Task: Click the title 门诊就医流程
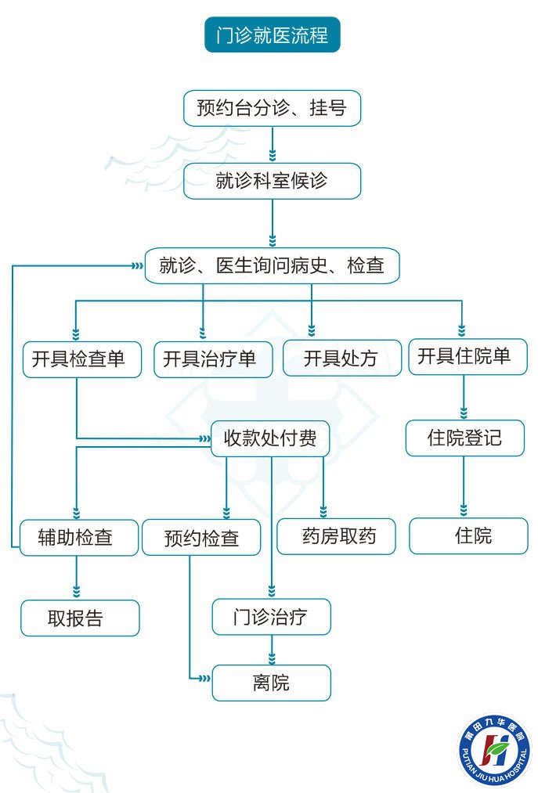pyautogui.click(x=272, y=35)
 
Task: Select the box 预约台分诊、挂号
pyautogui.click(x=272, y=108)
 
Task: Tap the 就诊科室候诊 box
pyautogui.click(x=272, y=181)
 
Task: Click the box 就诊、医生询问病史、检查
pyautogui.click(x=272, y=265)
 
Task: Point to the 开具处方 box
pyautogui.click(x=341, y=359)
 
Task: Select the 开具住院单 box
pyautogui.click(x=468, y=357)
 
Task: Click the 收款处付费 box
pyautogui.click(x=270, y=438)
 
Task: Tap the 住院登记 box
pyautogui.click(x=464, y=438)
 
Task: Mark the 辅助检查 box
pyautogui.click(x=77, y=538)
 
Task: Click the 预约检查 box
pyautogui.click(x=201, y=538)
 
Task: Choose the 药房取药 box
pyautogui.click(x=336, y=536)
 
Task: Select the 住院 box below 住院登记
pyautogui.click(x=468, y=536)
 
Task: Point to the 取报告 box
pyautogui.click(x=80, y=618)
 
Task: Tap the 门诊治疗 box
pyautogui.click(x=272, y=618)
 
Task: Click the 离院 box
pyautogui.click(x=272, y=683)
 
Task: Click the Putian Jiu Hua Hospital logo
pyautogui.click(x=494, y=752)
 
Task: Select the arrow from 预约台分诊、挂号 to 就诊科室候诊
pyautogui.click(x=272, y=144)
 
